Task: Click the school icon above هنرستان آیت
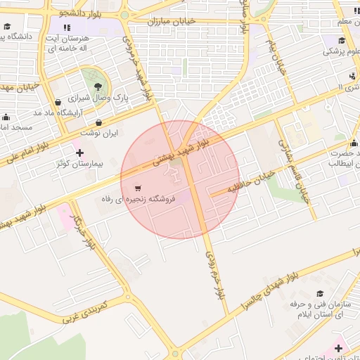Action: [67, 27]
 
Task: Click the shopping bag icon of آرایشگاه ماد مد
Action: [58, 102]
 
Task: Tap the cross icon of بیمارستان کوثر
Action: [79, 152]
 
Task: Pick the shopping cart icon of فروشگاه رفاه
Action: [139, 188]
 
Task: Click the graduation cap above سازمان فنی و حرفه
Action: [321, 295]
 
